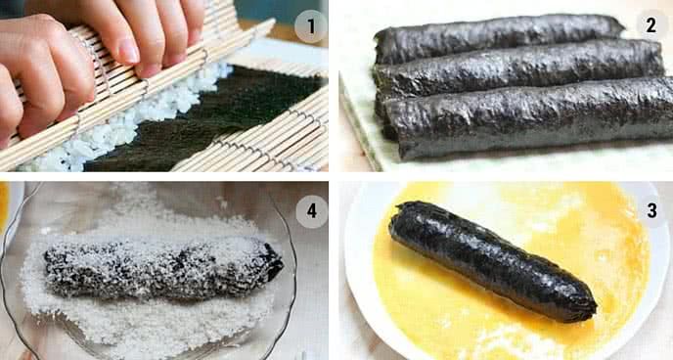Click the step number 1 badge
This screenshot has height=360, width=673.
pyautogui.click(x=311, y=26)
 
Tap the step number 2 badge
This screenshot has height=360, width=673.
pyautogui.click(x=651, y=25)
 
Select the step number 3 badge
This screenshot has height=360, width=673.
pyautogui.click(x=651, y=210)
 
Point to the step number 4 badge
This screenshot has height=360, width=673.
pyautogui.click(x=312, y=211)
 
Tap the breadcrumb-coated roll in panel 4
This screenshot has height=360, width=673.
pyautogui.click(x=163, y=268)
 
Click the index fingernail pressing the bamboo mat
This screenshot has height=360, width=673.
pyautogui.click(x=129, y=52)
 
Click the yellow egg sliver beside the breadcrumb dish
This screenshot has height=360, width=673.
pyautogui.click(x=4, y=205)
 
